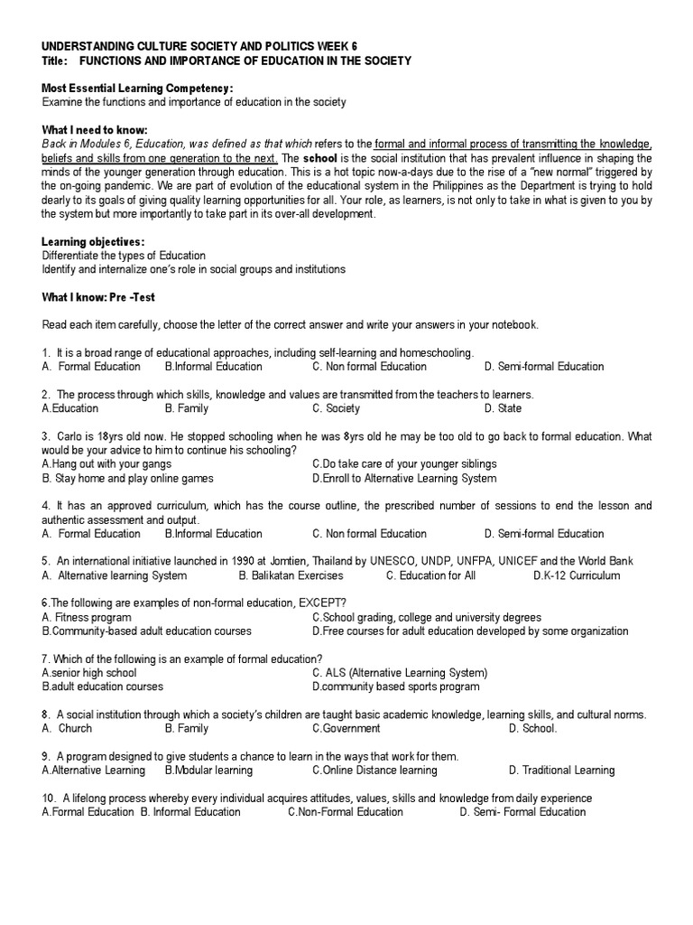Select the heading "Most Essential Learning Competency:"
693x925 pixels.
pyautogui.click(x=137, y=89)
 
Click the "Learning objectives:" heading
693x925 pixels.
pyautogui.click(x=93, y=242)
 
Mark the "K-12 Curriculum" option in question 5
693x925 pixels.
pyautogui.click(x=577, y=575)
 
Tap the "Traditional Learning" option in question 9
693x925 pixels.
pyautogui.click(x=561, y=771)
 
